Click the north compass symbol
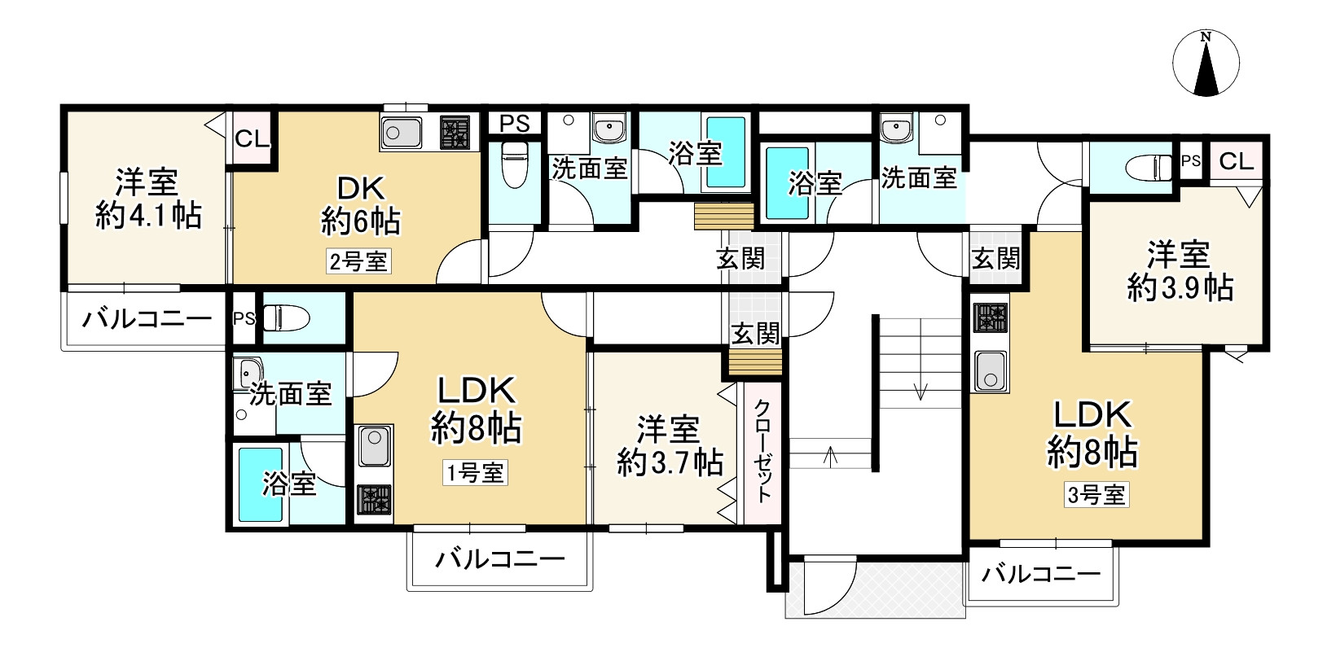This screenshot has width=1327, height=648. click(1206, 63)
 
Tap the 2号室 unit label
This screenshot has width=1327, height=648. click(358, 261)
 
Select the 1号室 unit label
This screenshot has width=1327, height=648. click(475, 472)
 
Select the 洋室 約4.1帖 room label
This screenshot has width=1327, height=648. click(147, 198)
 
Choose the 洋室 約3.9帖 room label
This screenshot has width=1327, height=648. click(1179, 271)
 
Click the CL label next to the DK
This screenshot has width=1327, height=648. click(252, 138)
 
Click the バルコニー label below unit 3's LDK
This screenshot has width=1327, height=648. click(1040, 575)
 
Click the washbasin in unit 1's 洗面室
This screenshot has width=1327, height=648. click(248, 374)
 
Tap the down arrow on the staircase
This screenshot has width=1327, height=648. click(921, 391)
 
